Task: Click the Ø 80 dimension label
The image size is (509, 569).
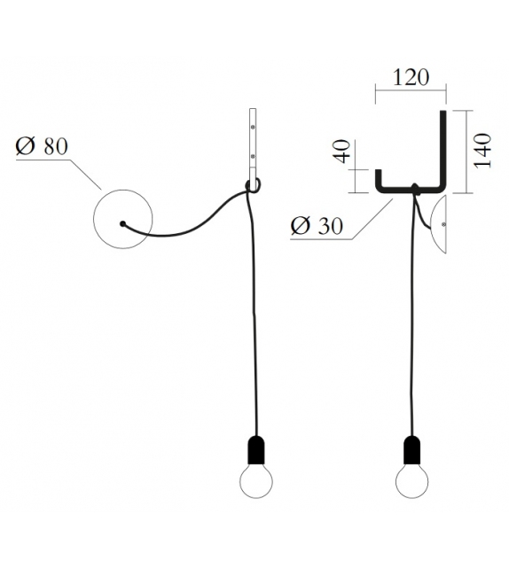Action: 42,146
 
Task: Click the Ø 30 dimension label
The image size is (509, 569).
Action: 317,226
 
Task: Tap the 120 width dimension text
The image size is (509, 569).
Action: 410,77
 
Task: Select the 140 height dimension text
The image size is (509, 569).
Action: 482,151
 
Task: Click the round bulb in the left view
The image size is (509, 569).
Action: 257,484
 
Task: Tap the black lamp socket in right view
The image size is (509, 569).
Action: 412,450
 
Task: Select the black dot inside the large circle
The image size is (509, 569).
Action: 123,222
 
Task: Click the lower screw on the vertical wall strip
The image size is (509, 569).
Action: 253,159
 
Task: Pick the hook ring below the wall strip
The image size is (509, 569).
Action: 253,184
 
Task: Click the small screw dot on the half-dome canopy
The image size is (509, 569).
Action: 443,228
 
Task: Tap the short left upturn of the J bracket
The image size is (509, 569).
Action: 379,179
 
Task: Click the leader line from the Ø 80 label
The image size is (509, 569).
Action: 84,173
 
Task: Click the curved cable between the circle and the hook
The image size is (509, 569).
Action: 191,226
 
